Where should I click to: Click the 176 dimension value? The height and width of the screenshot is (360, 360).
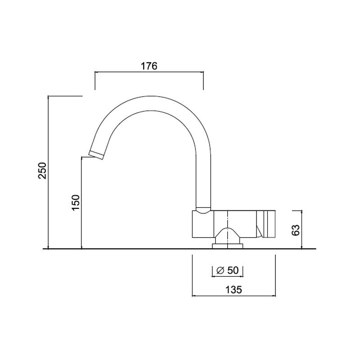pyautogui.click(x=149, y=66)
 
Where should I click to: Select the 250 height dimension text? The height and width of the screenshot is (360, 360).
pyautogui.click(x=42, y=171)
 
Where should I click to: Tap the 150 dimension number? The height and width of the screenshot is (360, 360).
pyautogui.click(x=76, y=202)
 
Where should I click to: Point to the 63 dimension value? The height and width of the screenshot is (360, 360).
pyautogui.click(x=296, y=230)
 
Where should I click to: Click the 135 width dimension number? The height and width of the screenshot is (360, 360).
pyautogui.click(x=234, y=290)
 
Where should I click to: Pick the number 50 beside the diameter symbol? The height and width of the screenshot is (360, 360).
pyautogui.click(x=233, y=270)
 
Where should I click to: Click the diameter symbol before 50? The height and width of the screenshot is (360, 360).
pyautogui.click(x=220, y=271)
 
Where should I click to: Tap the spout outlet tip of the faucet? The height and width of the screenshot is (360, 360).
pyautogui.click(x=96, y=155)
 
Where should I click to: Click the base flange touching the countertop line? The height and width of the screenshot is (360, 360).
pyautogui.click(x=227, y=246)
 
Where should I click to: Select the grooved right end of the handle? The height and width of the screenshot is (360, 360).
pyautogui.click(x=269, y=224)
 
